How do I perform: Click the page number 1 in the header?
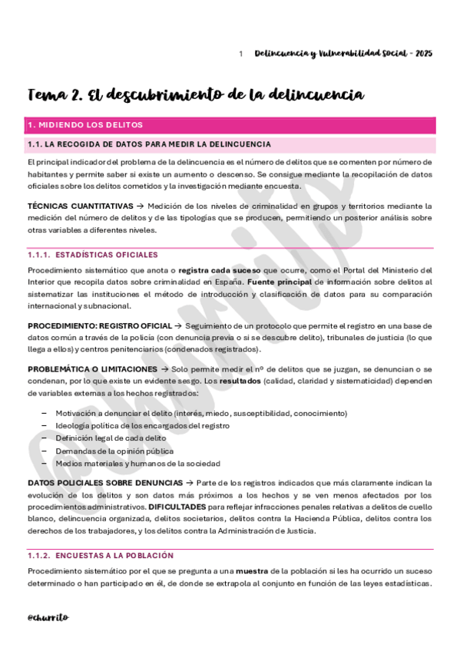(x=241, y=54)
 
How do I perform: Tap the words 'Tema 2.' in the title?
(x=55, y=94)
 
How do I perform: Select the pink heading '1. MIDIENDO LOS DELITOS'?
(x=85, y=125)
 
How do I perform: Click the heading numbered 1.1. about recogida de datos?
(x=148, y=144)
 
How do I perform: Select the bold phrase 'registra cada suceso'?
(x=219, y=269)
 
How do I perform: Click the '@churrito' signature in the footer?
(x=48, y=616)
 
